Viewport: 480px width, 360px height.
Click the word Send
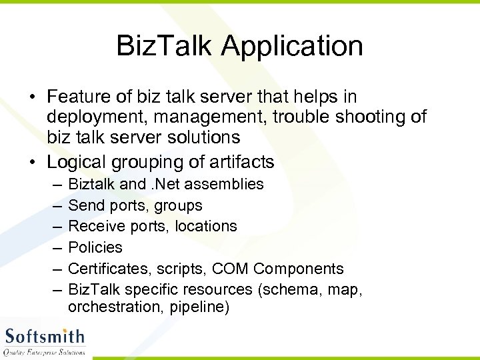point(85,205)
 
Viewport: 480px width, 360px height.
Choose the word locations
point(206,226)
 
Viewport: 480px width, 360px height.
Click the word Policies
point(95,247)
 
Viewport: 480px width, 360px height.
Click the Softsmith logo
point(45,341)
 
